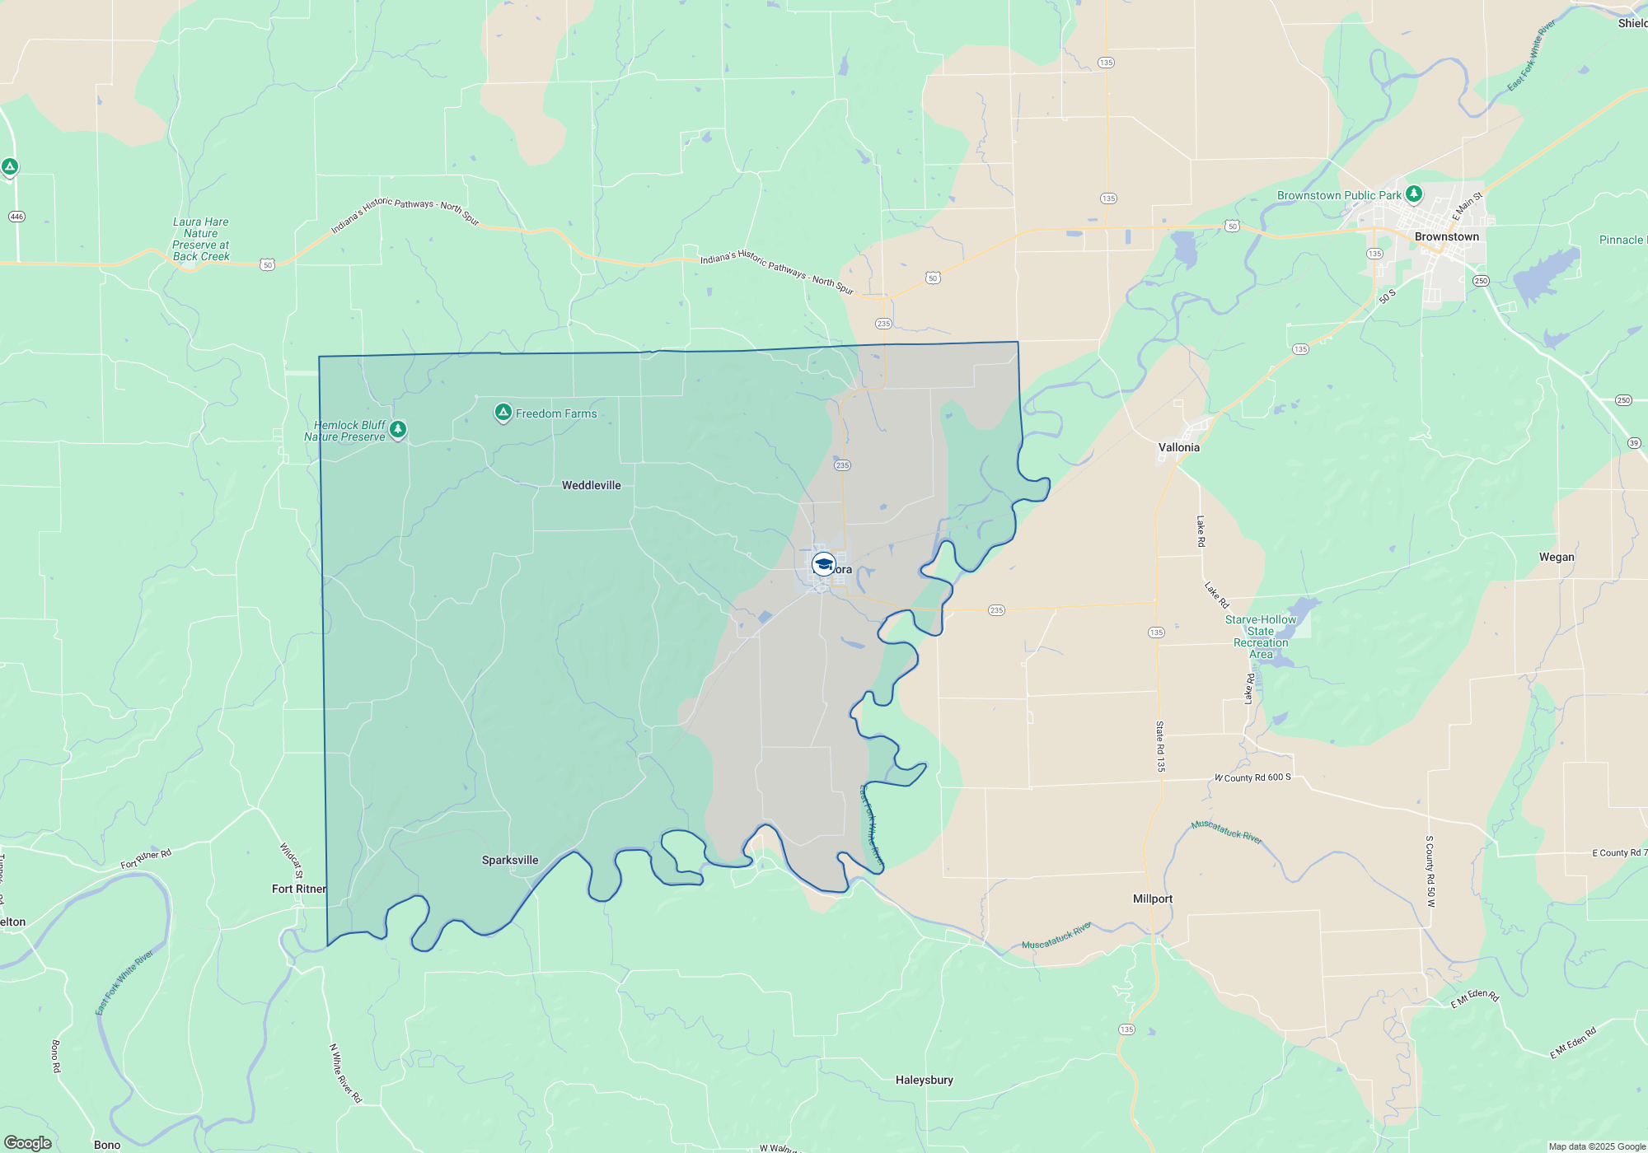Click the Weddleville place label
coord(591,485)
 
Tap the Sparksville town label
coord(510,860)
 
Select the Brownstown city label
coord(1446,236)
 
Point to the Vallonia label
coord(1178,447)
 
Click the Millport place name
coord(1152,899)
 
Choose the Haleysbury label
coord(924,1080)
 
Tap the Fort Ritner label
coord(298,889)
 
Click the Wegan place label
coord(1557,557)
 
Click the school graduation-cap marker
coord(823,564)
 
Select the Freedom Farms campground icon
coord(503,412)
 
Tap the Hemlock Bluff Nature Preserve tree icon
coord(398,429)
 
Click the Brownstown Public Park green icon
coord(1414,194)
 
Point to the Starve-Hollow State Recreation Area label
coord(1261,637)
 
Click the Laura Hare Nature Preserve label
coord(201,239)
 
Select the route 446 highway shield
coord(16,217)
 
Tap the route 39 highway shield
coord(1634,443)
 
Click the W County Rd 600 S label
coord(1252,777)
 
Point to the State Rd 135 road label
coord(1160,746)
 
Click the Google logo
coord(28,1143)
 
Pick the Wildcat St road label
coord(291,861)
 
